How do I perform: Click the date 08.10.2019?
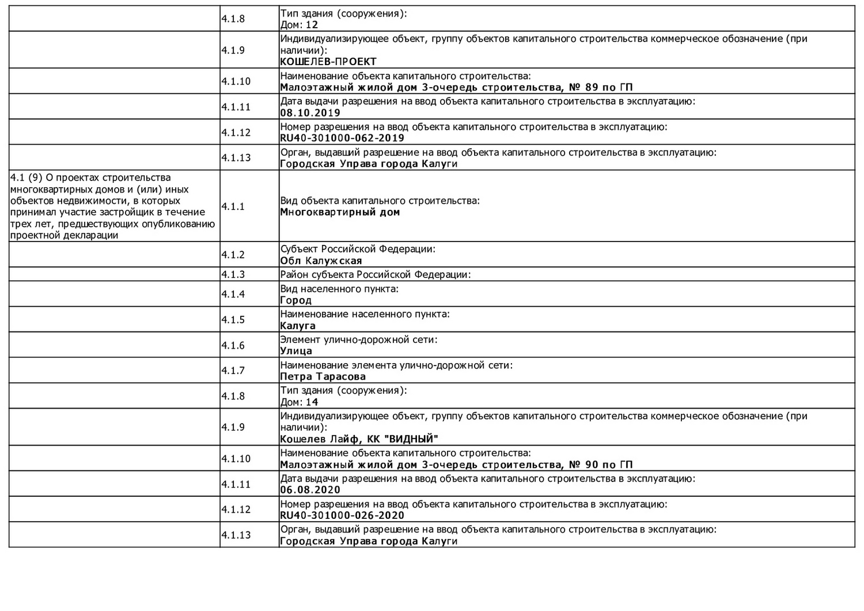pos(310,113)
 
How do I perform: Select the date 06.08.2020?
pos(310,490)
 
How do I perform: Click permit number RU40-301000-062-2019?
pos(342,138)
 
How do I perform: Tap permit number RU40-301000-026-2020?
pos(342,515)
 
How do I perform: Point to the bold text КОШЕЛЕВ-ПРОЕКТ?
pos(328,62)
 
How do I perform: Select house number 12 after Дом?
pos(312,25)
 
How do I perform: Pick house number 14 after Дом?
pos(312,402)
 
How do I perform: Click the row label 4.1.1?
pos(233,206)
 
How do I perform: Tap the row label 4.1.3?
pos(233,274)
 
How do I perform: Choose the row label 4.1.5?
pos(233,319)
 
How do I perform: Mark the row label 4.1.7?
pos(233,371)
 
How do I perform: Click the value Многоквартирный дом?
pos(340,212)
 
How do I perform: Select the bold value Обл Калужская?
pos(321,261)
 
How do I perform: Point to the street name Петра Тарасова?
pos(323,377)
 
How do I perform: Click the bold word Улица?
pos(296,351)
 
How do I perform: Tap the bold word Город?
pos(295,300)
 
